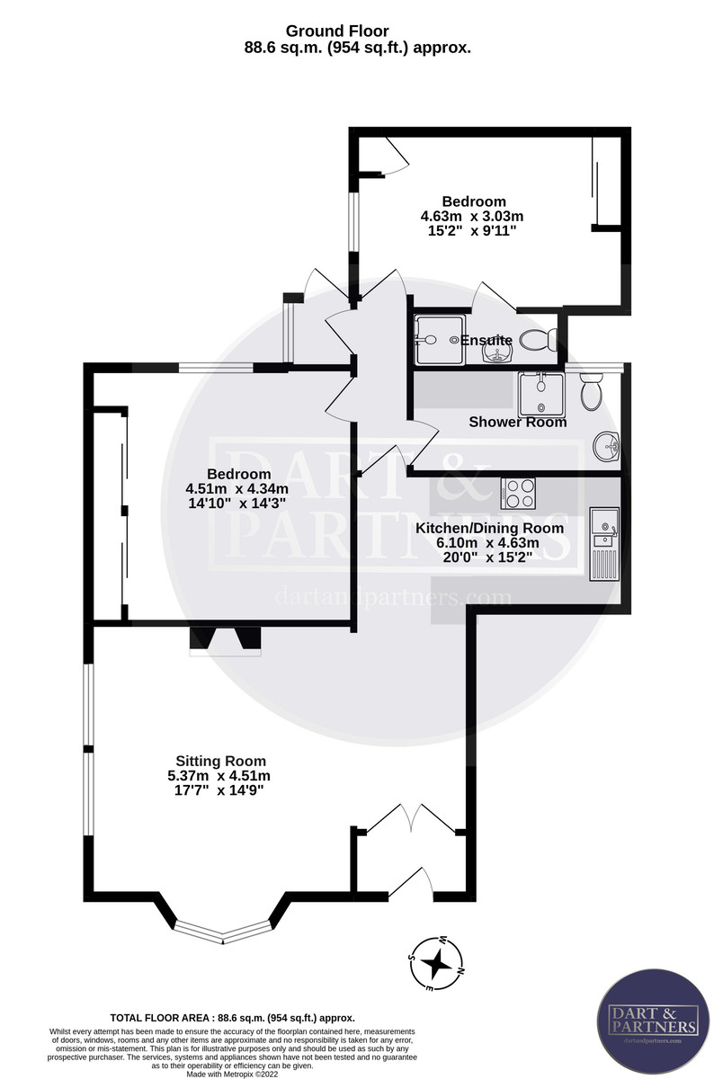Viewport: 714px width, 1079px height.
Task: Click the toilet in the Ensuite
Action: (x=537, y=340)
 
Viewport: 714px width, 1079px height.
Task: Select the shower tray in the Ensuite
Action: (x=439, y=340)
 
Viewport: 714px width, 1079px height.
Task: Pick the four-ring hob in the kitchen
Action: (x=518, y=494)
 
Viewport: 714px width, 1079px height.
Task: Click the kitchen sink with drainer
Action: (x=602, y=544)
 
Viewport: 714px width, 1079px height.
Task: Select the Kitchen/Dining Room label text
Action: (x=489, y=528)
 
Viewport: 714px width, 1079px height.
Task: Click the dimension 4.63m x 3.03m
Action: (x=472, y=216)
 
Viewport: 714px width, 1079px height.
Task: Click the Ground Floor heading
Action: (x=357, y=32)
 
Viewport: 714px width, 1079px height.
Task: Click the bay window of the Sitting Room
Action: (x=223, y=932)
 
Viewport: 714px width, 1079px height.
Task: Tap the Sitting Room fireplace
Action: (x=224, y=639)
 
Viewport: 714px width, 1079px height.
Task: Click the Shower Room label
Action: (x=518, y=422)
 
